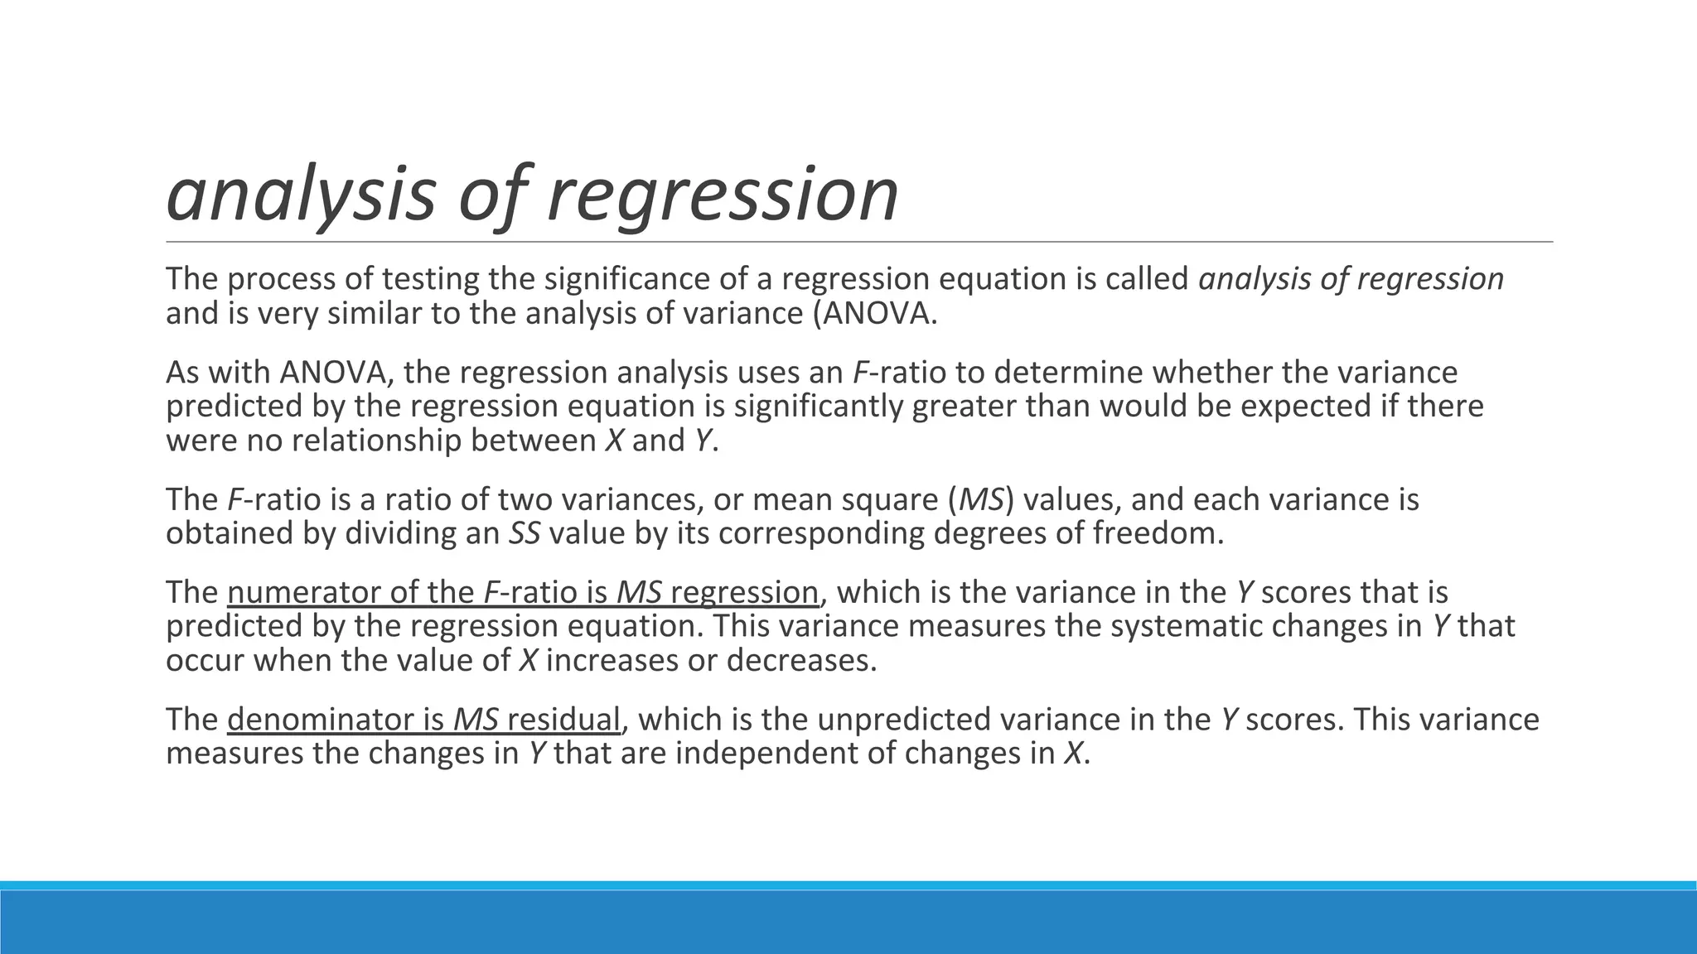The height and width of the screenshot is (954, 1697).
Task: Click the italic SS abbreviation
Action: point(525,533)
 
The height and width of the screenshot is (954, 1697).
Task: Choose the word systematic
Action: point(1186,627)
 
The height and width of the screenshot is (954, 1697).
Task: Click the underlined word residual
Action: point(563,720)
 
